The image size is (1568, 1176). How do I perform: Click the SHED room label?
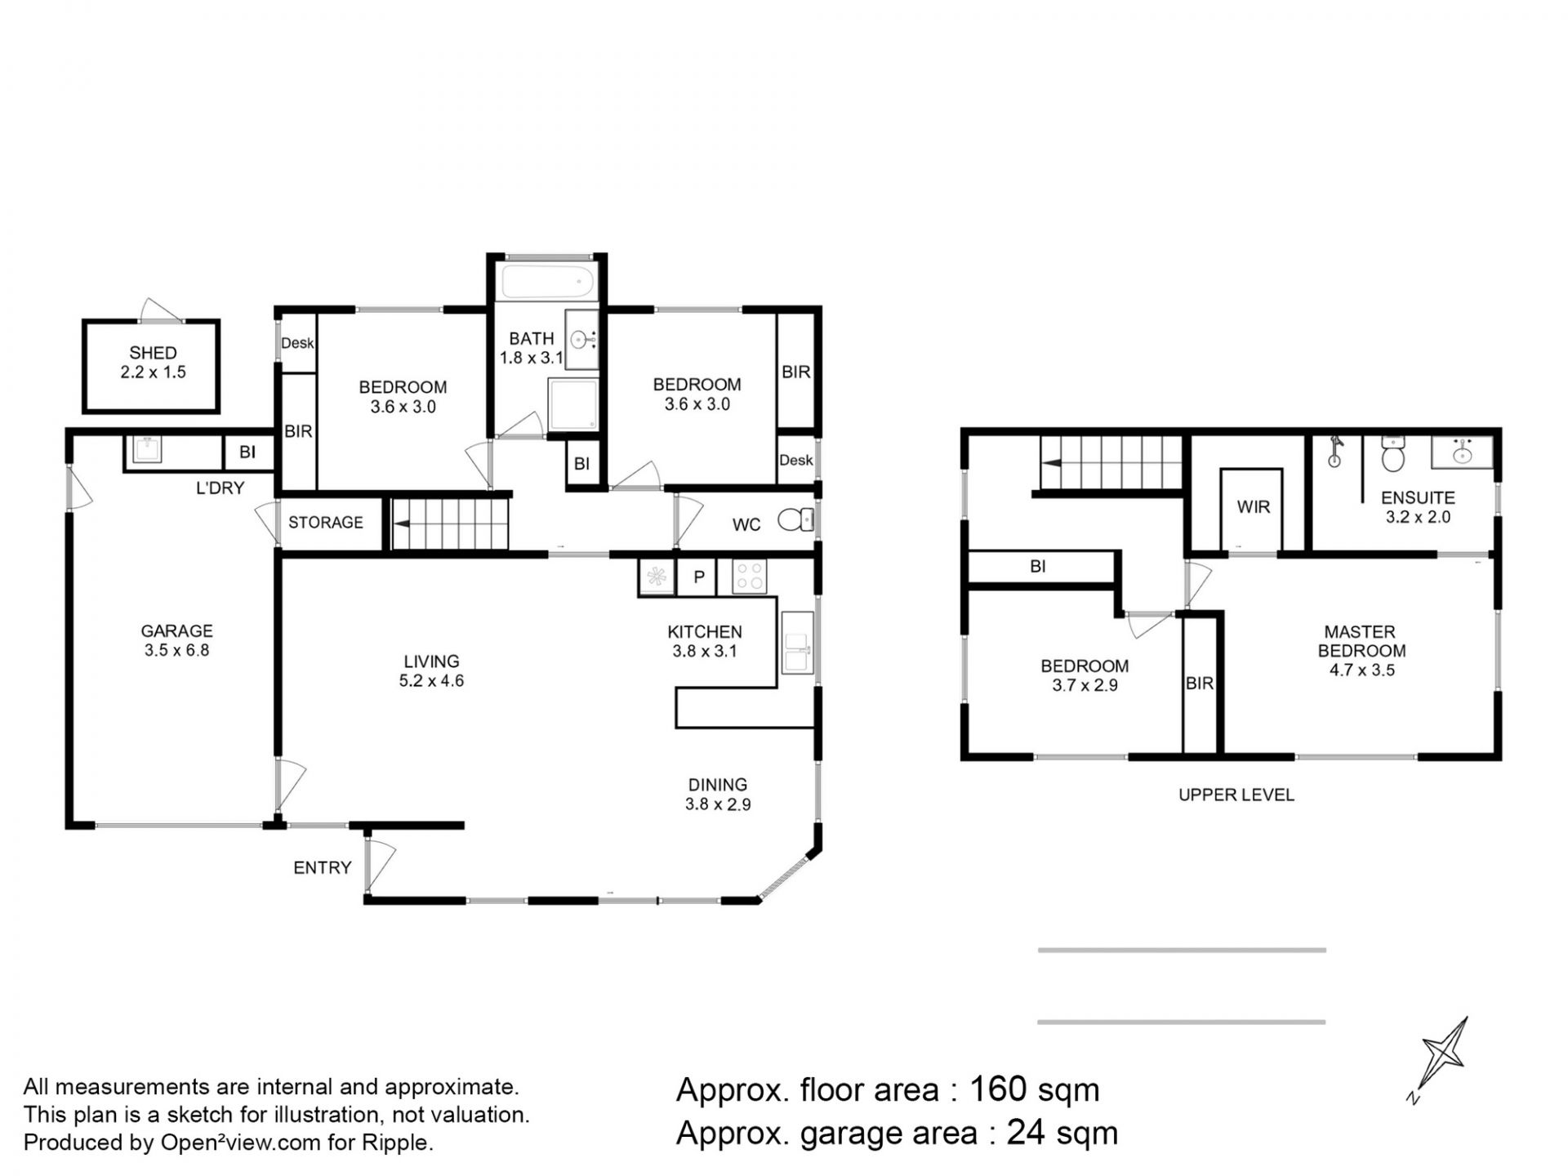click(x=153, y=353)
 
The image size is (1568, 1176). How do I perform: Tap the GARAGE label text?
click(x=176, y=630)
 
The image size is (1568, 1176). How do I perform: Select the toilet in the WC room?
click(x=795, y=519)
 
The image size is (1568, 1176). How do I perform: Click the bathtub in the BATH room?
click(x=547, y=282)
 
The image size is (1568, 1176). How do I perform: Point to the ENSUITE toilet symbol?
click(x=1393, y=454)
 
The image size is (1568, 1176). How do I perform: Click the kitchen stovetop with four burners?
click(x=749, y=576)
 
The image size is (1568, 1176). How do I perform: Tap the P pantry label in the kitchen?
click(x=699, y=577)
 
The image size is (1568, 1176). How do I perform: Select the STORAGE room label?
click(x=325, y=522)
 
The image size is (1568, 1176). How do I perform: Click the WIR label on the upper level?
click(x=1253, y=507)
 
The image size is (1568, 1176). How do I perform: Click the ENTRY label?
click(x=322, y=867)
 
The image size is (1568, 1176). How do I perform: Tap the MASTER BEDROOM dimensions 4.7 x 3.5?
click(x=1361, y=670)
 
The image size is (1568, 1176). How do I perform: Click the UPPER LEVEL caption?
click(x=1236, y=795)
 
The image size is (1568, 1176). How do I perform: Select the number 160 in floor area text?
click(x=998, y=1089)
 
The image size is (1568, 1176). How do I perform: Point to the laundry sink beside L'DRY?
click(x=148, y=449)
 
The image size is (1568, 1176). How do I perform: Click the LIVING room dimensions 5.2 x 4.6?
click(x=431, y=681)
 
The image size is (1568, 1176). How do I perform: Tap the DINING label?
click(x=717, y=785)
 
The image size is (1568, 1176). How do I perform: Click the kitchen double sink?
click(x=797, y=642)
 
